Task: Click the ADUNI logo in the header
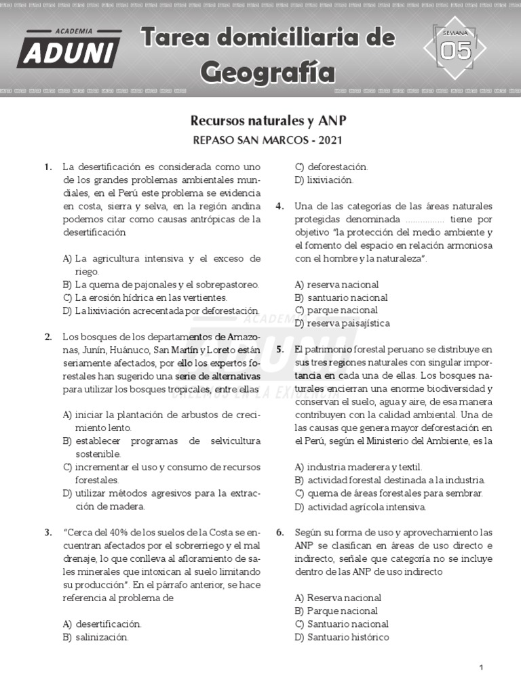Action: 69,49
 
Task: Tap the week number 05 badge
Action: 455,49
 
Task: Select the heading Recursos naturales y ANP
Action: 269,121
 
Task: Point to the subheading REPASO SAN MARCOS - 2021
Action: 269,141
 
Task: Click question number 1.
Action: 48,167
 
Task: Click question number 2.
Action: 48,337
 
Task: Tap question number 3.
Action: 48,533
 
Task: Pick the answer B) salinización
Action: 95,637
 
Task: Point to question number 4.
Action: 279,207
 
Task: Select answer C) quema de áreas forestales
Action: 389,493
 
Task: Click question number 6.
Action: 279,533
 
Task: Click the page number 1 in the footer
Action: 481,668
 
